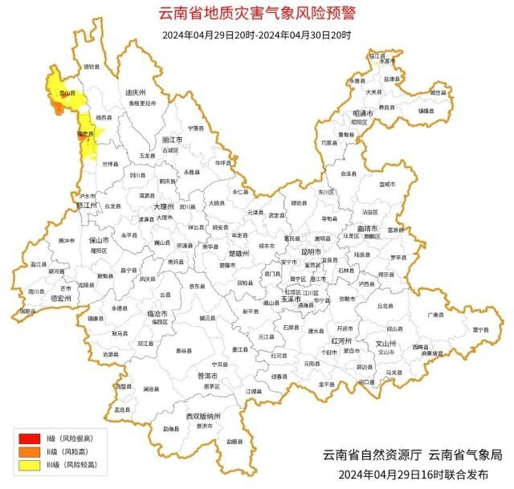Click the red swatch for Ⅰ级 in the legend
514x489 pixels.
point(30,438)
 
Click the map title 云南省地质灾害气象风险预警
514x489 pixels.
point(257,14)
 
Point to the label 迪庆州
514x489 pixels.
point(136,92)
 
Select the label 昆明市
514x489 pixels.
point(311,251)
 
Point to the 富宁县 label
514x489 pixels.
point(480,329)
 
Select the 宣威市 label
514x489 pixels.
point(387,185)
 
